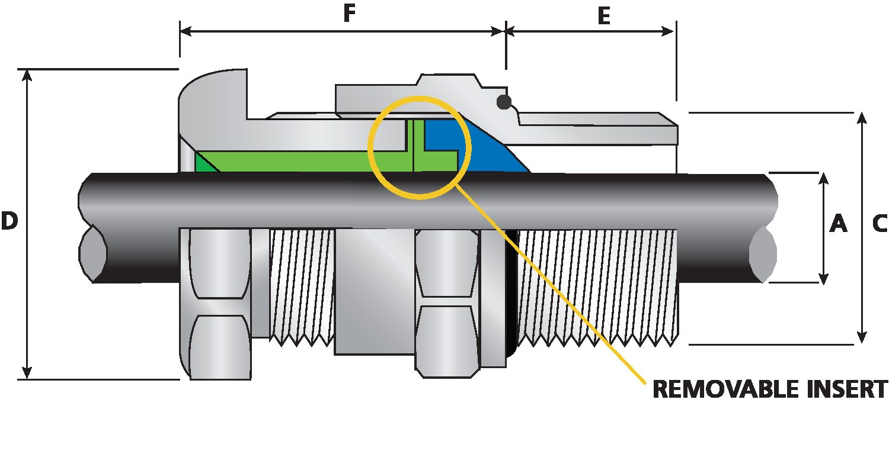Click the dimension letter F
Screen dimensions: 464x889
[350, 14]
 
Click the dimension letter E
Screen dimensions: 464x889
[603, 17]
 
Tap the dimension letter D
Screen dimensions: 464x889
[9, 221]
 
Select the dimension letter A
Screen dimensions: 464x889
[838, 224]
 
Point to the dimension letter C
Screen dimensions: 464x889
[880, 224]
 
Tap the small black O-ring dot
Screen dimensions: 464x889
[504, 102]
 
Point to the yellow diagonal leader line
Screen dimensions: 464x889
[563, 296]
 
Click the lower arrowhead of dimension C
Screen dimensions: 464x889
[862, 337]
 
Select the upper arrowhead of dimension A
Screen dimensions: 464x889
[823, 179]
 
